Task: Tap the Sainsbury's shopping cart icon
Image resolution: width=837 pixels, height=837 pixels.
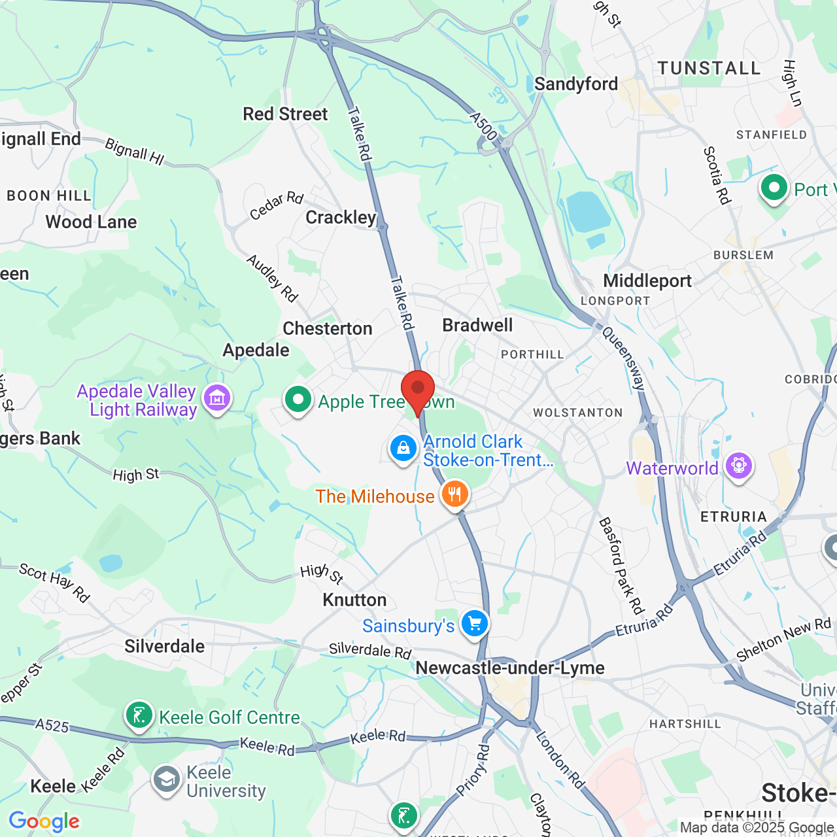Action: [x=475, y=624]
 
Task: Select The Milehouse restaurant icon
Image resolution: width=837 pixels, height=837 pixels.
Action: [x=454, y=494]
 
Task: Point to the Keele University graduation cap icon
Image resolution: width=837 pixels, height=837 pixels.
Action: [x=167, y=779]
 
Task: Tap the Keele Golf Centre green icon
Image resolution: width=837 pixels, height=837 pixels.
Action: [x=139, y=716]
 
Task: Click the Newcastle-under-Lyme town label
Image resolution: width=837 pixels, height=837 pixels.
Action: [x=510, y=668]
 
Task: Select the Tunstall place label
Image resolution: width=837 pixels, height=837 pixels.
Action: [x=709, y=69]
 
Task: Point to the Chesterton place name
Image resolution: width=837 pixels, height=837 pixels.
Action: [x=327, y=328]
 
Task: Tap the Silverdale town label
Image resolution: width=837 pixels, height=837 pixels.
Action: [x=165, y=646]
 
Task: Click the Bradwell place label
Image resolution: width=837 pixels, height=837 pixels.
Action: [x=477, y=325]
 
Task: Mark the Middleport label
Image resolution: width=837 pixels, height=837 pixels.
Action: [x=647, y=281]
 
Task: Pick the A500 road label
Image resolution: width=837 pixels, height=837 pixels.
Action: [x=484, y=126]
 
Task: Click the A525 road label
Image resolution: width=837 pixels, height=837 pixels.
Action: [x=52, y=725]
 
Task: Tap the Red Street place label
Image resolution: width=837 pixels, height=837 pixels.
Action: [x=285, y=114]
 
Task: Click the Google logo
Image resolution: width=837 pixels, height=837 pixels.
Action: [x=44, y=821]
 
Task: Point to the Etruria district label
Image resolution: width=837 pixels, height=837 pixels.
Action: [x=733, y=517]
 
